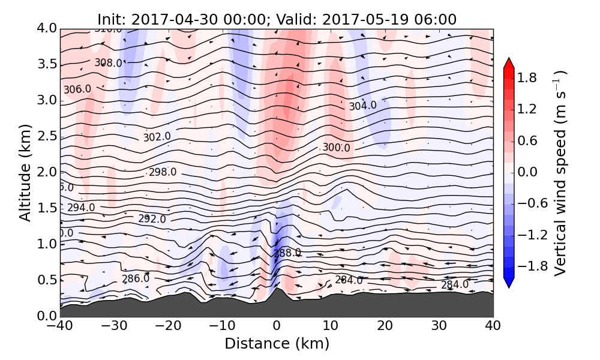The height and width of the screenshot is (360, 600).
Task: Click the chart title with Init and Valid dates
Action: coord(277,19)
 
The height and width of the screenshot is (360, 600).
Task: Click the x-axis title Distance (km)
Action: coord(277,344)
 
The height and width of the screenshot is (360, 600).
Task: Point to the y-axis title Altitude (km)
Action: coord(25,172)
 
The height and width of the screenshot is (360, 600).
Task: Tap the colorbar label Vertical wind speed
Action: coord(560,173)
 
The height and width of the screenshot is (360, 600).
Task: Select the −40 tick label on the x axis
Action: coord(60,327)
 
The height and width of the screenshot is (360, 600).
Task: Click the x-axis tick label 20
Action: coord(385,327)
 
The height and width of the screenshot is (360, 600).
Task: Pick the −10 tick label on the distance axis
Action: coord(222,327)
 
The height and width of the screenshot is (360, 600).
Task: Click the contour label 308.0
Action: coord(109,63)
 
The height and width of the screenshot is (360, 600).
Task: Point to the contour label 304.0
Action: coord(363,106)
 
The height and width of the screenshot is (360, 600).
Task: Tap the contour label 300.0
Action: coord(336,148)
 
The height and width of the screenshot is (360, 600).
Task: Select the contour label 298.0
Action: coord(163,172)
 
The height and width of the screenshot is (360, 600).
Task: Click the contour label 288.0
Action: coord(287,253)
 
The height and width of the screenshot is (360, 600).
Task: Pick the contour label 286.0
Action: coord(136,279)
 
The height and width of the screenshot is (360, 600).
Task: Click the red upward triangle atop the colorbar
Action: coord(509,63)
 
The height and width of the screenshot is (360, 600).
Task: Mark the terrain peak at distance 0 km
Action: coord(276,290)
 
